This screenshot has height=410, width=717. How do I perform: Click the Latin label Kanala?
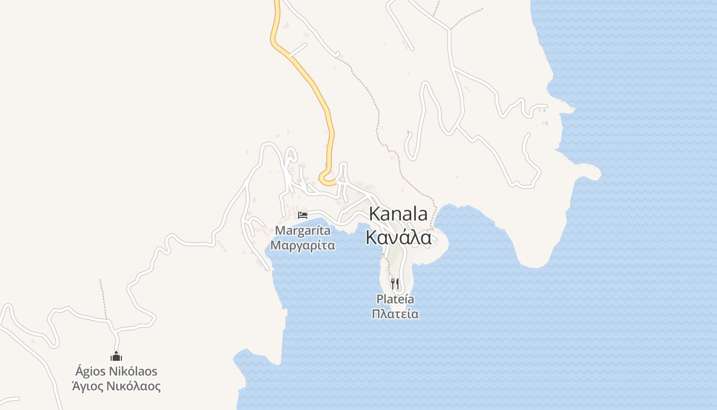398,214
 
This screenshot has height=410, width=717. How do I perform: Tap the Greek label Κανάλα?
398,238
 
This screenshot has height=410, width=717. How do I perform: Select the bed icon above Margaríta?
303,215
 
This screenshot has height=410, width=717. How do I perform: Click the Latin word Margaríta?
303,231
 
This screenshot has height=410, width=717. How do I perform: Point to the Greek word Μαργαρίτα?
303,245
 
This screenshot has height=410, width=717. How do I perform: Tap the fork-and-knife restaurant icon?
395,283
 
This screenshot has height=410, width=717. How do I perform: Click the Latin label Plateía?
395,299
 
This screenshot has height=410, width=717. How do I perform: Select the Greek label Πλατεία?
395,314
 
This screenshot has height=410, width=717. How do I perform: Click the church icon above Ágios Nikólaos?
116,356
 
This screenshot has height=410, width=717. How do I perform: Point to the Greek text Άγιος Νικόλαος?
116,386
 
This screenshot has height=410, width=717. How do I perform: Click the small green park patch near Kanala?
394,252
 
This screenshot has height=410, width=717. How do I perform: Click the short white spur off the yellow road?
298,49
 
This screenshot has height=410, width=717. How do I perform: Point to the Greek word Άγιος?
88,386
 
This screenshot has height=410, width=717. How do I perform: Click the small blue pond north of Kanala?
408,133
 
